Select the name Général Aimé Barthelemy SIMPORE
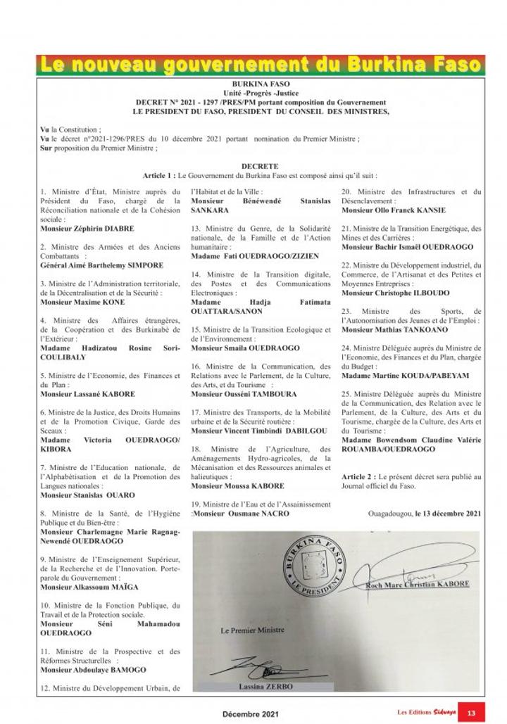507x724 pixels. pyautogui.click(x=101, y=265)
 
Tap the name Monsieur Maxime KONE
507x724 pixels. pyautogui.click(x=82, y=302)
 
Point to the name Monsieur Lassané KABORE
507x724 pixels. pyautogui.click(x=88, y=394)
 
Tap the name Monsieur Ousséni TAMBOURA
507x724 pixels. pyautogui.click(x=244, y=394)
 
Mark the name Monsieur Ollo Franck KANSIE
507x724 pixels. pyautogui.click(x=394, y=210)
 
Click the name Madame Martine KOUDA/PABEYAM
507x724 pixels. pyautogui.click(x=405, y=376)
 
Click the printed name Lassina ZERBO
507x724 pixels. pyautogui.click(x=267, y=686)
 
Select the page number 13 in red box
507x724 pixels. pyautogui.click(x=470, y=713)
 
